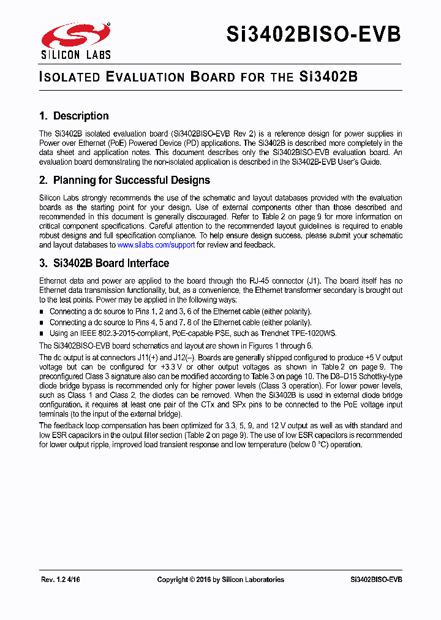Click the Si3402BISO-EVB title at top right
pyautogui.click(x=314, y=35)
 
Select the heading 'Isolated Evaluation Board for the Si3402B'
pyautogui.click(x=198, y=77)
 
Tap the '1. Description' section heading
pyautogui.click(x=73, y=116)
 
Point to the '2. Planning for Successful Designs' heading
pyautogui.click(x=124, y=180)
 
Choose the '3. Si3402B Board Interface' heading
pyautogui.click(x=104, y=263)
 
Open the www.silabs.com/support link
pyautogui.click(x=156, y=245)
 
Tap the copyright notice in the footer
pyautogui.click(x=221, y=580)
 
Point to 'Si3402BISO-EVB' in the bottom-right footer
pyautogui.click(x=376, y=580)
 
